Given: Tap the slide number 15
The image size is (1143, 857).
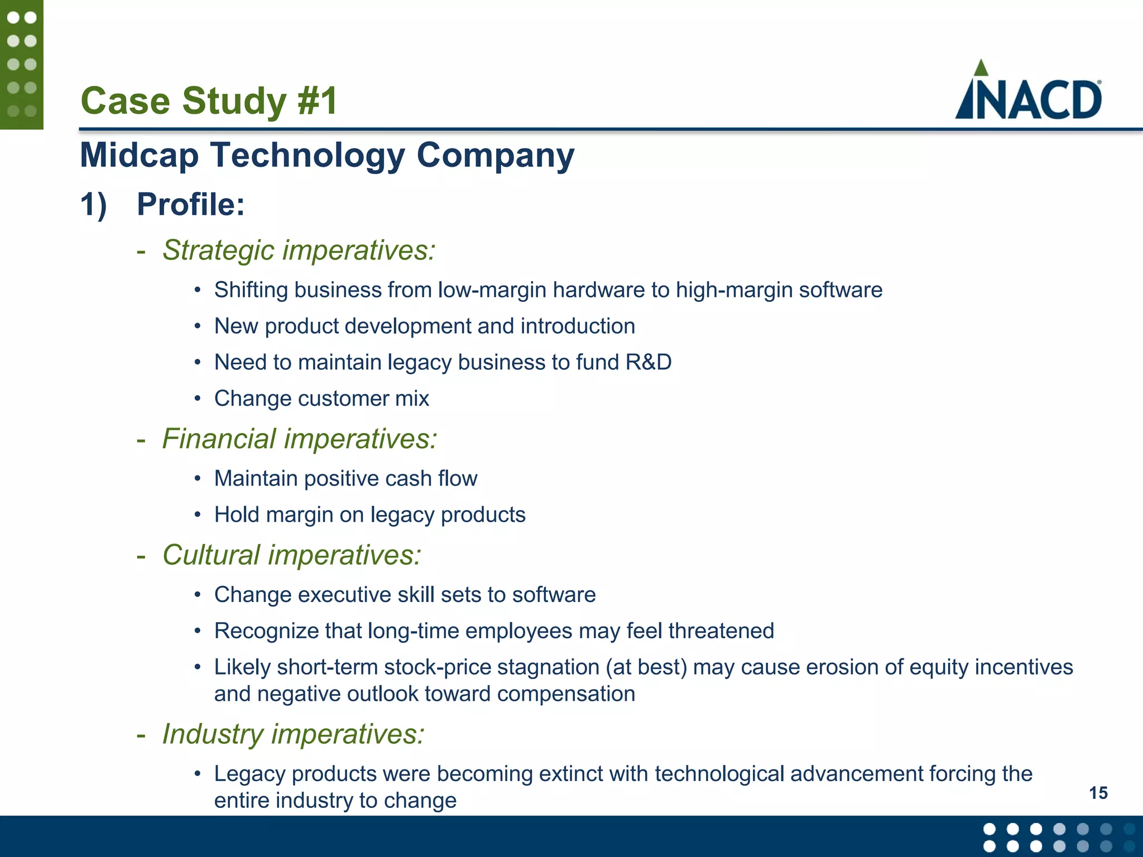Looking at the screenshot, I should point(1098,793).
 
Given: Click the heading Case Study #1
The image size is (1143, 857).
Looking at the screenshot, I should point(209,101).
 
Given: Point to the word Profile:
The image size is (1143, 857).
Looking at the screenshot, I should point(191,204).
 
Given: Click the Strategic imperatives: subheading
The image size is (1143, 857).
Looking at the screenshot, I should point(299,250).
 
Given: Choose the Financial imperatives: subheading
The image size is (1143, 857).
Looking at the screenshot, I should point(300,439).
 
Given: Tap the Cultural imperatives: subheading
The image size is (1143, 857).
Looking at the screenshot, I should point(291,555).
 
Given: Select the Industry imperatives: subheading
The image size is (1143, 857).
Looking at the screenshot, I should point(293,734).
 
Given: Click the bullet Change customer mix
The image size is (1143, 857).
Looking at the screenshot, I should point(321,398).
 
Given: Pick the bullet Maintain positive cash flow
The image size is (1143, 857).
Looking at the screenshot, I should point(345,478).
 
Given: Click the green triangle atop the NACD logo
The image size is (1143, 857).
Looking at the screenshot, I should point(981,68).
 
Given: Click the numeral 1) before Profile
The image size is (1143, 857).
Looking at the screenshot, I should point(93,204).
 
